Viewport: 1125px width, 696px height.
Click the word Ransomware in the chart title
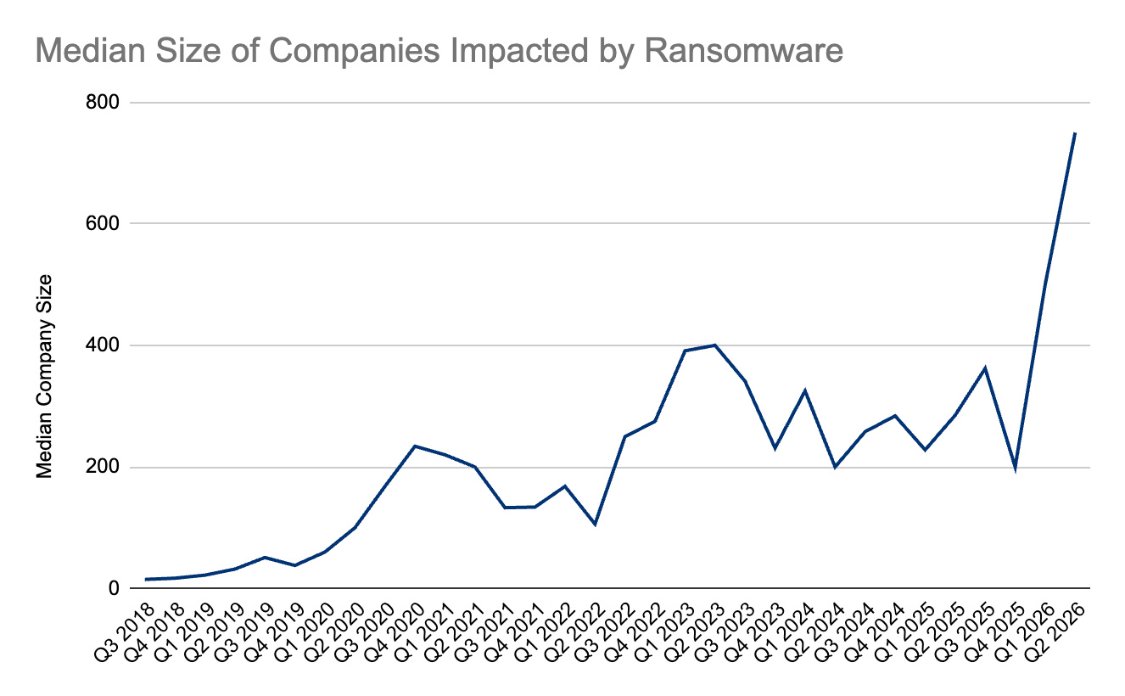click(x=743, y=51)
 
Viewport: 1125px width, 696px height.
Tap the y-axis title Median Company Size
click(x=44, y=376)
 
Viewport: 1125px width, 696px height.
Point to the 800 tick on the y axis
click(x=103, y=103)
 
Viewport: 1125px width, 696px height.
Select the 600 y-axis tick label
click(x=103, y=223)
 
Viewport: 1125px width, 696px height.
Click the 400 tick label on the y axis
click(x=103, y=345)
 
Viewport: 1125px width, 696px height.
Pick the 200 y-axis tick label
click(x=103, y=467)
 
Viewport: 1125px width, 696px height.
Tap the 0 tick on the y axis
click(x=114, y=588)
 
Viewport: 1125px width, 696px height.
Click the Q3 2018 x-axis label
click(x=125, y=631)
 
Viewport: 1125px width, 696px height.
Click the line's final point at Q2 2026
click(x=1074, y=133)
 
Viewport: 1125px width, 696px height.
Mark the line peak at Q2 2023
click(x=714, y=345)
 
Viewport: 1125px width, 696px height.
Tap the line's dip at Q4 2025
click(x=1015, y=469)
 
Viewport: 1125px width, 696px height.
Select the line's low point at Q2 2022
click(x=595, y=525)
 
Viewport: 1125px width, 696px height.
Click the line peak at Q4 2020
click(x=415, y=446)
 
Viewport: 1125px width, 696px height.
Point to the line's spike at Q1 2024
click(x=804, y=391)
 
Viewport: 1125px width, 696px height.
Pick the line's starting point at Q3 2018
click(x=146, y=580)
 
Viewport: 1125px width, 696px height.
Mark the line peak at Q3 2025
click(x=985, y=368)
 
